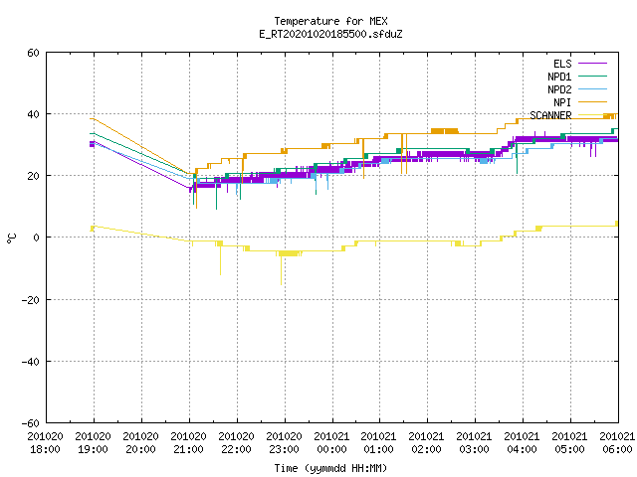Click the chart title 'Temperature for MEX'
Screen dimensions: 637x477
330,21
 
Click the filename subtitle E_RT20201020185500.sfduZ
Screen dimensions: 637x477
330,34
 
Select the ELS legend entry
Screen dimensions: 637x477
580,64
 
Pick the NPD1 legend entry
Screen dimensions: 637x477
577,77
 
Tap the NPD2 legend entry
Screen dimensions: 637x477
577,89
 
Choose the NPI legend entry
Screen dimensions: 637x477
580,102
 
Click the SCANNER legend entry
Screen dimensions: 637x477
568,115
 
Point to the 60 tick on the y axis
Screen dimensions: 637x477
33,53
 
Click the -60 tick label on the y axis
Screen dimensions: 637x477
31,423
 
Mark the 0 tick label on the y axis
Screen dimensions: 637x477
37,238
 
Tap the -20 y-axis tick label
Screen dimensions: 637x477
31,300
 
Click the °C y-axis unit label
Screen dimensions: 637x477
11,238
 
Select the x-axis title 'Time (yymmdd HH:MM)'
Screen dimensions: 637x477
330,468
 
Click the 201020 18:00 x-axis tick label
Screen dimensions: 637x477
46,443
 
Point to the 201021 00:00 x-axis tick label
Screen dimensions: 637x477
331,443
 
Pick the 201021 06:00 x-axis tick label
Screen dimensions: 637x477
617,443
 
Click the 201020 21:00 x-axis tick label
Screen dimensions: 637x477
189,443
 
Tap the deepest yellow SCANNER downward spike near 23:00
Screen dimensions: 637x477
281,285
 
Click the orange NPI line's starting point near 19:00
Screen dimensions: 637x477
91,118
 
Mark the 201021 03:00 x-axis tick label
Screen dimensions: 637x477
474,443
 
